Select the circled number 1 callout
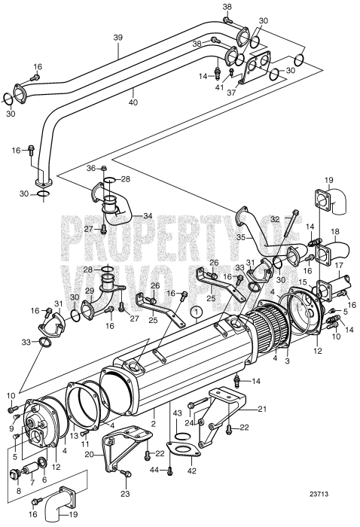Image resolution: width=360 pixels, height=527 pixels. [x=196, y=310]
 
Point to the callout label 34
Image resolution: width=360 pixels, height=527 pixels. [x=148, y=216]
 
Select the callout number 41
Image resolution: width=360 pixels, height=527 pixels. [x=220, y=87]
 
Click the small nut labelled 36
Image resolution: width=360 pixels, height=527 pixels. [x=104, y=167]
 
